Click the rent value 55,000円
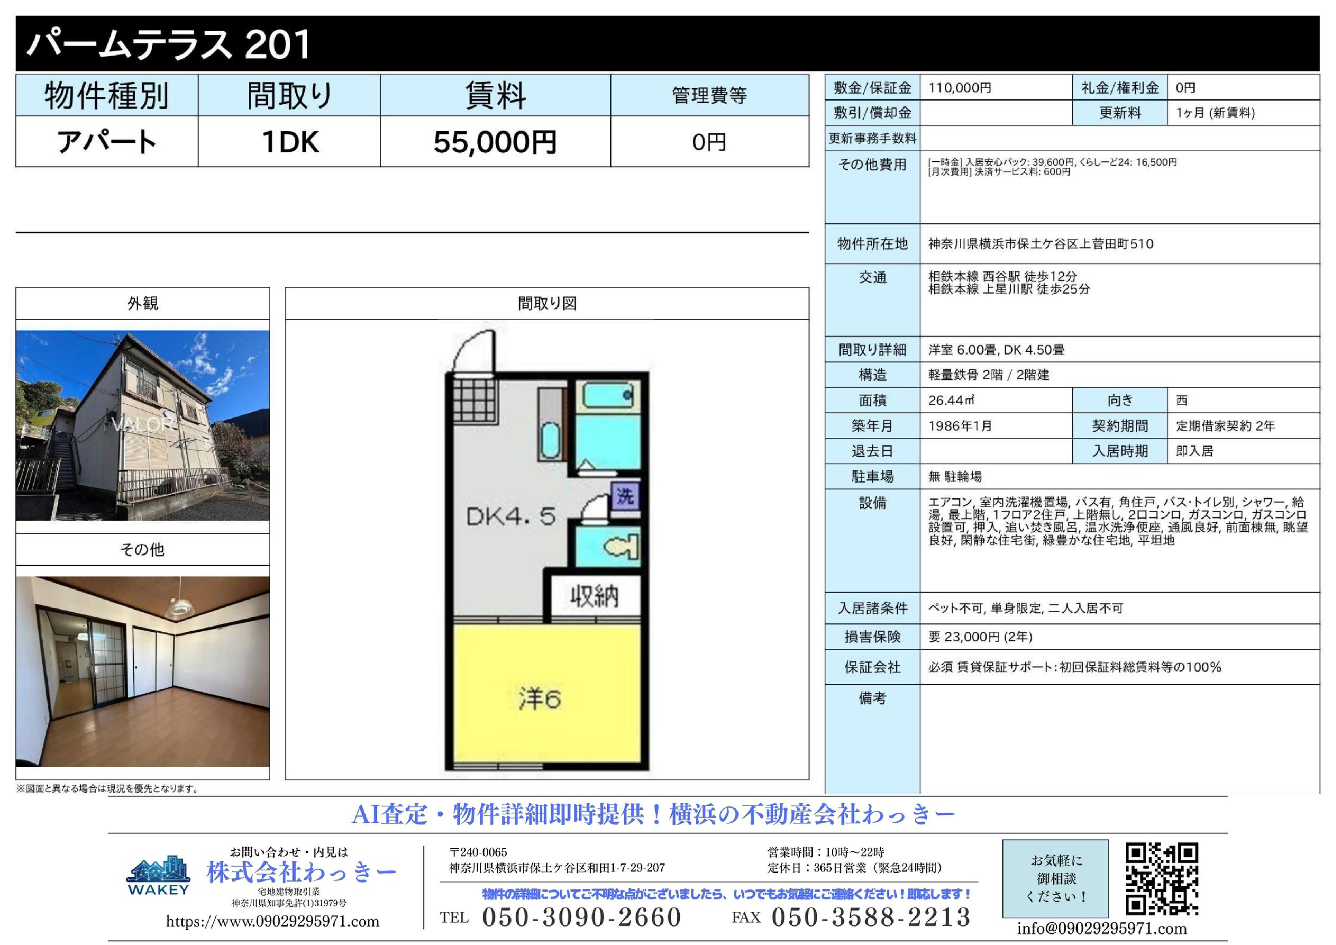click(495, 142)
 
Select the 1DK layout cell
click(290, 141)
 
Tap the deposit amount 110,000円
click(960, 88)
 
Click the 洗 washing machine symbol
click(625, 496)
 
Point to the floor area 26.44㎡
click(951, 400)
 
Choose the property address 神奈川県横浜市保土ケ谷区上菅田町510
click(1040, 244)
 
